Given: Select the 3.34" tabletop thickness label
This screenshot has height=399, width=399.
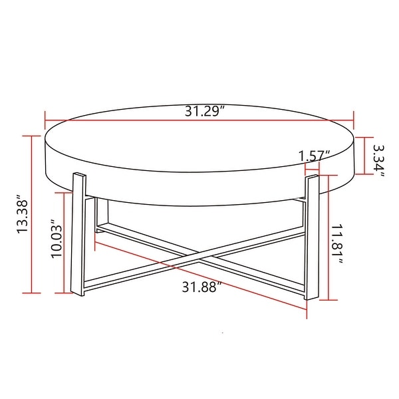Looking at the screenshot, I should tap(378, 158).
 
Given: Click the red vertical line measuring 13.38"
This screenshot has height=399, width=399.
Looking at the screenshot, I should tap(31, 213).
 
